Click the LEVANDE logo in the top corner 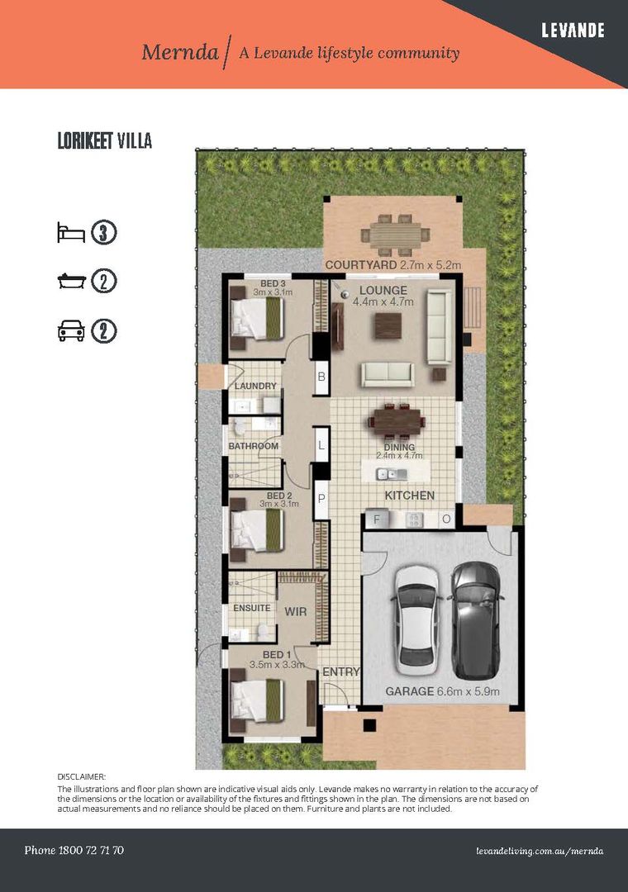click(x=573, y=31)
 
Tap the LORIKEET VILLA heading click(x=104, y=141)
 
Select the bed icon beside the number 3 click(x=71, y=232)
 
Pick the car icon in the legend click(x=71, y=332)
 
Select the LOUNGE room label click(x=383, y=291)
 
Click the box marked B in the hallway click(x=321, y=377)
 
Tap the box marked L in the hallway click(x=321, y=446)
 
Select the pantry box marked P click(x=321, y=500)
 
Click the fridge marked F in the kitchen click(x=377, y=520)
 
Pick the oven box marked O click(x=445, y=520)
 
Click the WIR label click(x=296, y=613)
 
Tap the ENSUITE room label click(x=252, y=608)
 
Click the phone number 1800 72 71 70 click(x=74, y=850)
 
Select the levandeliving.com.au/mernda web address click(x=540, y=851)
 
